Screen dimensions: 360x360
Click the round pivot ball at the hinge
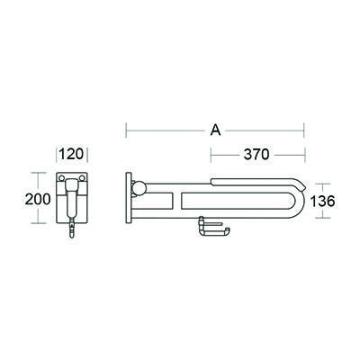point(140,188)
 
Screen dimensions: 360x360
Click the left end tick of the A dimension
point(126,130)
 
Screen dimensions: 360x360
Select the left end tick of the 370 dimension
point(213,155)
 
